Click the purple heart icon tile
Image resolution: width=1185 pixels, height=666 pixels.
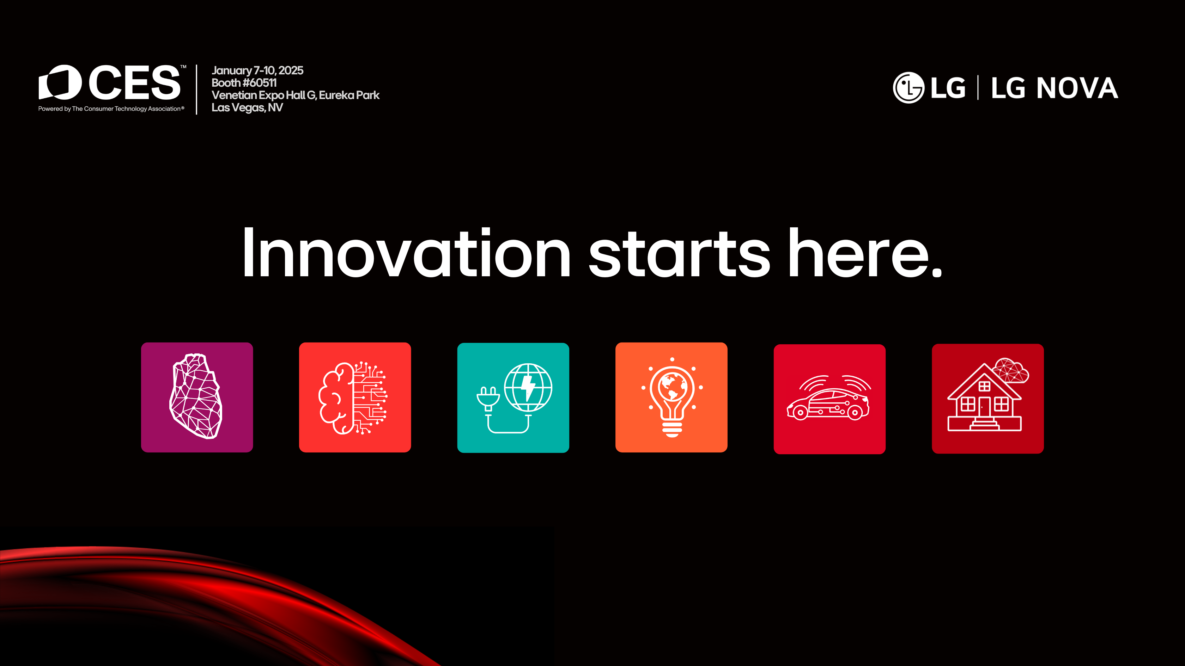pos(197,397)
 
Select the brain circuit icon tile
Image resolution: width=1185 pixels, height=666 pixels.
pos(355,397)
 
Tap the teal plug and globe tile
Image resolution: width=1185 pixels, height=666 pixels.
pos(513,397)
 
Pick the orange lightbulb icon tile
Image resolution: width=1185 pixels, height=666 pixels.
pos(671,397)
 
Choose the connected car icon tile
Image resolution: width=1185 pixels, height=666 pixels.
pos(829,399)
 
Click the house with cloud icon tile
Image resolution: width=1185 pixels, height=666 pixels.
pos(988,399)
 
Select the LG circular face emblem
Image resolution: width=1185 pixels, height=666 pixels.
pos(909,87)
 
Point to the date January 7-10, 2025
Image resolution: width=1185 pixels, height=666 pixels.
pos(257,70)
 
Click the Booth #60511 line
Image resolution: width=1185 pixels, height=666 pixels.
pos(244,83)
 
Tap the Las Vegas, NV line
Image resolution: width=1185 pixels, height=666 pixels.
pos(247,107)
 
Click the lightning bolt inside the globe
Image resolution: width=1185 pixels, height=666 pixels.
pos(528,388)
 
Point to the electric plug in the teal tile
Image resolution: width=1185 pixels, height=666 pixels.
pos(488,399)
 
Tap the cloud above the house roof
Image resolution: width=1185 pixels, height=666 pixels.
pos(1011,370)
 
